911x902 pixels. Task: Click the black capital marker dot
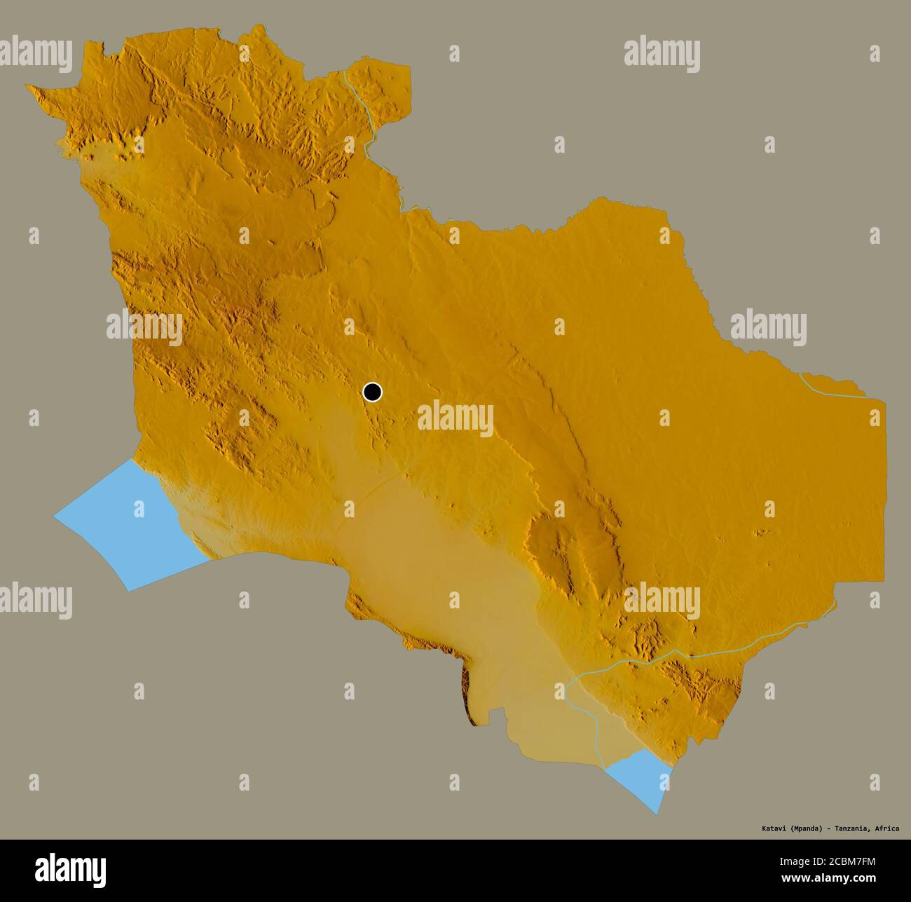point(372,392)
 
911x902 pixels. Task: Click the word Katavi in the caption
point(774,828)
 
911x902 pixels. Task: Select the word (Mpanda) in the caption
point(805,828)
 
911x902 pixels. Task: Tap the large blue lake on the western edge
point(126,522)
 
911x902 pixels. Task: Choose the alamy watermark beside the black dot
point(455,418)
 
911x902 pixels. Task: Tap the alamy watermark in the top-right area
point(662,55)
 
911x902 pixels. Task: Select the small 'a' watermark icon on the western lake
point(139,507)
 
